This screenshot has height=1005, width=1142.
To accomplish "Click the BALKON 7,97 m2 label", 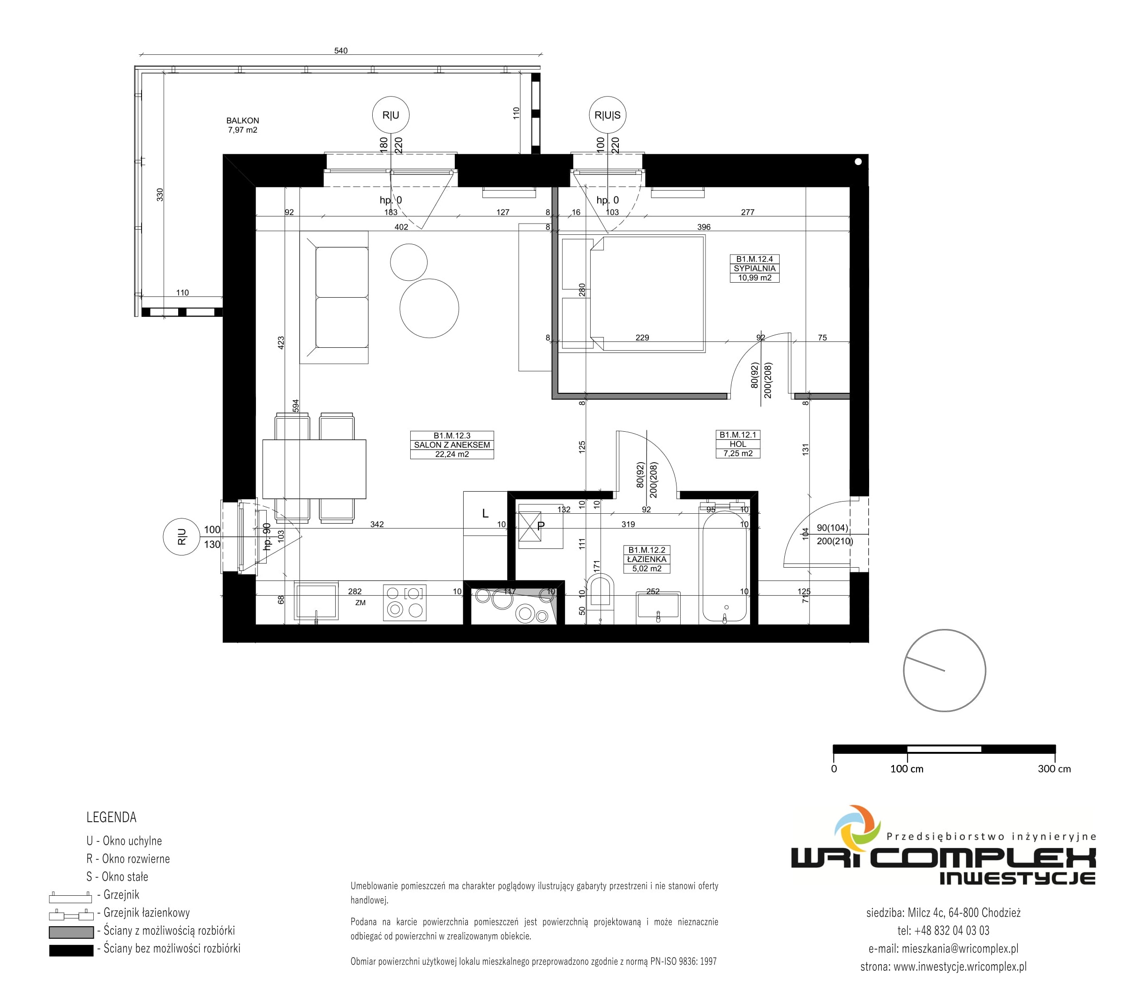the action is [x=242, y=125].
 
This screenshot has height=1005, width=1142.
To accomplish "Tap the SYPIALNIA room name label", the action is [x=754, y=268].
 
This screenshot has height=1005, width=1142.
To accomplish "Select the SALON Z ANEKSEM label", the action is [x=452, y=445].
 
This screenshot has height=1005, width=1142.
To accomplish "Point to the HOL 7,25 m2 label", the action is [x=737, y=444].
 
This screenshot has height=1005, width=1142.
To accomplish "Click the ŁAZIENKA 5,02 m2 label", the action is [x=646, y=559].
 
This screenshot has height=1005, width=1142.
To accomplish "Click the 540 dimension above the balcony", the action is [x=341, y=51].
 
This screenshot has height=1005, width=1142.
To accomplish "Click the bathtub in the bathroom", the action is [x=725, y=566].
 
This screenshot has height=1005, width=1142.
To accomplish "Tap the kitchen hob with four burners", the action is [x=405, y=603].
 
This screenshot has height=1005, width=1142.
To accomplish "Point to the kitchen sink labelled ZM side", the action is [x=316, y=600].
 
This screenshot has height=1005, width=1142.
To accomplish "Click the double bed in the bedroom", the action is [x=647, y=294].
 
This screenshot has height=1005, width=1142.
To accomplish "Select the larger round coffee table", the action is [x=429, y=308].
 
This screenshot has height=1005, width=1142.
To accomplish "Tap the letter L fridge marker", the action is [x=485, y=513].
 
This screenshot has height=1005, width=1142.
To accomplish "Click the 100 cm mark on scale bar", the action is [x=907, y=769].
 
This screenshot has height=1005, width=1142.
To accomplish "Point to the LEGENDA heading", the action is [x=111, y=817].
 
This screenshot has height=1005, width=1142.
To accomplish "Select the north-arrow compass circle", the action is [x=944, y=670].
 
